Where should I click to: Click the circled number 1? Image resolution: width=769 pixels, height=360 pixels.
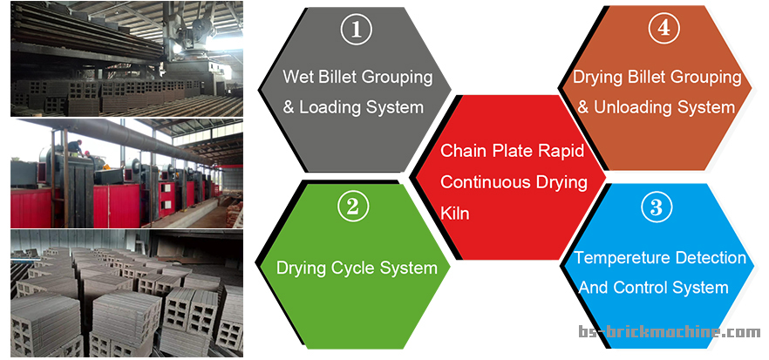point(357,30)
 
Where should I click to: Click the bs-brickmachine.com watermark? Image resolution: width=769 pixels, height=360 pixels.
point(670,332)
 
